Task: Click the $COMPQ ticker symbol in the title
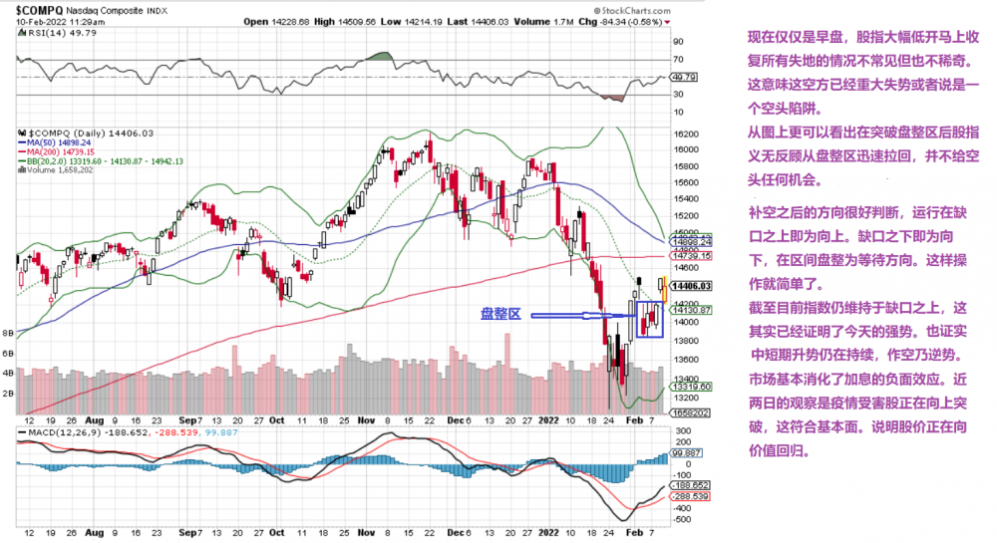[43, 10]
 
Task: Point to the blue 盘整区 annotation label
[501, 314]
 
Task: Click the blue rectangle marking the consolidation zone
[648, 317]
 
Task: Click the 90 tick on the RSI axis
[677, 43]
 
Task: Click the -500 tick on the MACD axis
[682, 519]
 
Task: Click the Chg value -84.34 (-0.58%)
[621, 21]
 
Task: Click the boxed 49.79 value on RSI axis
[682, 77]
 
